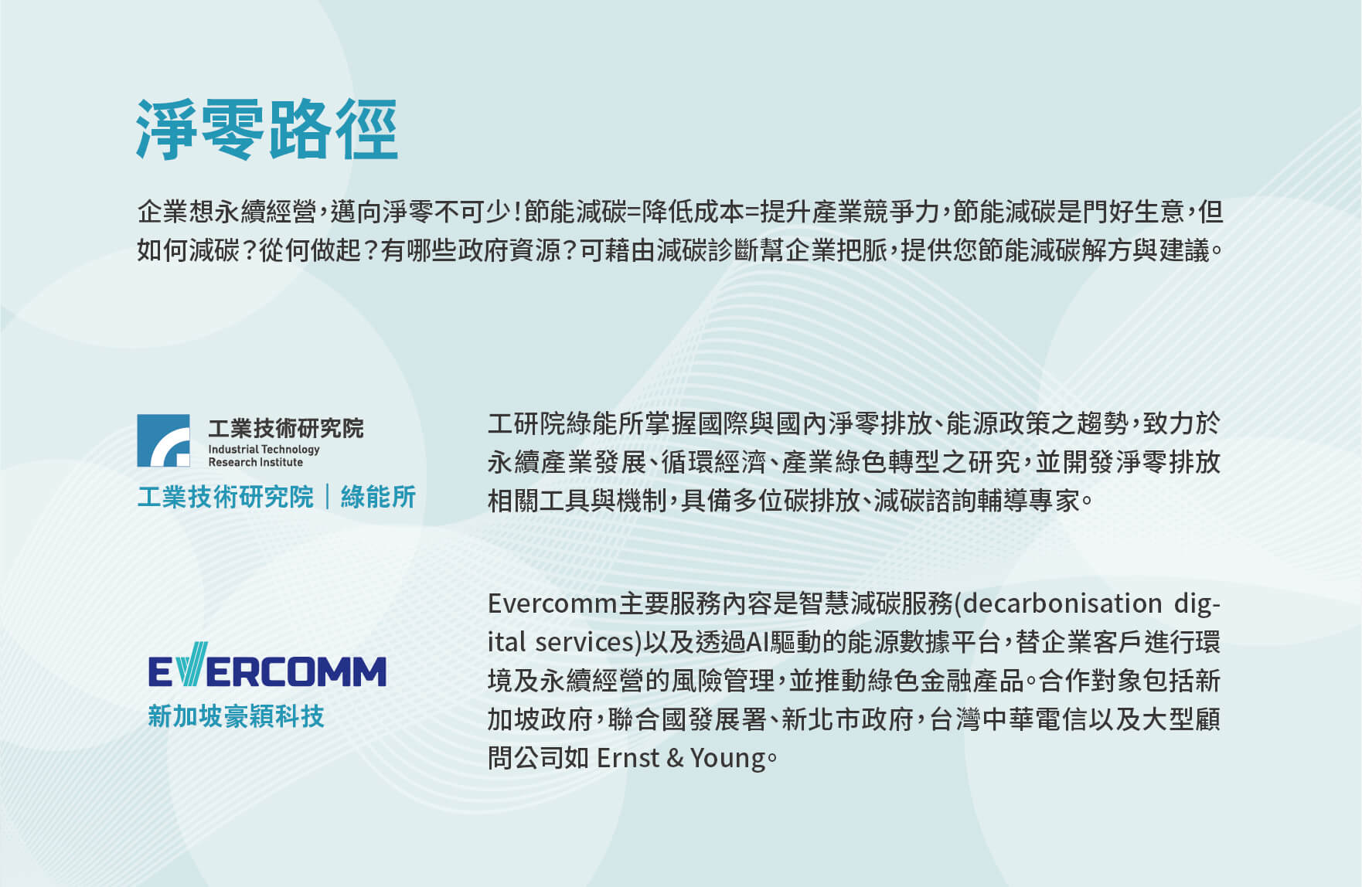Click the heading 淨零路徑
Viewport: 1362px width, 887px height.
(x=267, y=129)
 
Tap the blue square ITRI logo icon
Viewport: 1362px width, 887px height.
(x=163, y=440)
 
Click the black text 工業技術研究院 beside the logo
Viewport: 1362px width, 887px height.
(x=285, y=428)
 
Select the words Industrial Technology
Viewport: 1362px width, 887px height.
(x=264, y=449)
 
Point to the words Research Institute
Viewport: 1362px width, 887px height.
(x=255, y=462)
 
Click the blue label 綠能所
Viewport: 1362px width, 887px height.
(x=378, y=497)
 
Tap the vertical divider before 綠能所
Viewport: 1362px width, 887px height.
(x=327, y=497)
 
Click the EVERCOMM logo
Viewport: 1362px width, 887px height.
(x=267, y=665)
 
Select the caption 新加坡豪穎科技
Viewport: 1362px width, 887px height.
(x=236, y=716)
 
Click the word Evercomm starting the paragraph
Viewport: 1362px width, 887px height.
(x=552, y=603)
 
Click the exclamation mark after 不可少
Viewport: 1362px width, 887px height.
(x=515, y=211)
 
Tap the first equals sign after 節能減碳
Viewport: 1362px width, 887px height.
(x=634, y=212)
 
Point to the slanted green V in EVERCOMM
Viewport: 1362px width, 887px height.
(x=192, y=664)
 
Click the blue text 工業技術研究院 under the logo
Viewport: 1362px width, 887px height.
(x=225, y=497)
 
